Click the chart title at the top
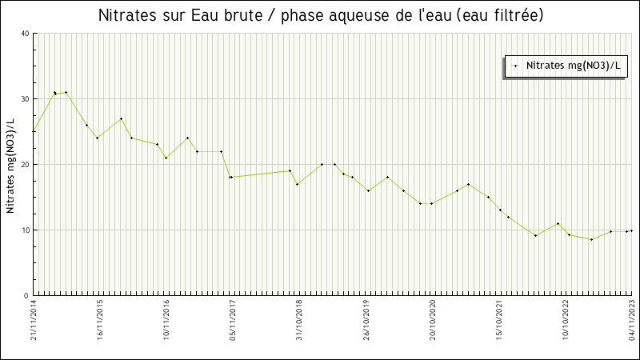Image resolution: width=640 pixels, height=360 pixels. [320, 16]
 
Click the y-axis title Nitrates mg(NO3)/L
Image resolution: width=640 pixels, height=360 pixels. [10, 165]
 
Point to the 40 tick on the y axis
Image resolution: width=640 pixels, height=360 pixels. [25, 34]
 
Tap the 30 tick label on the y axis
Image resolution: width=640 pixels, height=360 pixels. [25, 99]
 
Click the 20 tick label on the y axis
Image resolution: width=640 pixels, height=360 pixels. [25, 165]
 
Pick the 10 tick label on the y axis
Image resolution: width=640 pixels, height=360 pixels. [25, 230]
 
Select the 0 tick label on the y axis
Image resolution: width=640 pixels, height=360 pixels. [26, 296]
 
